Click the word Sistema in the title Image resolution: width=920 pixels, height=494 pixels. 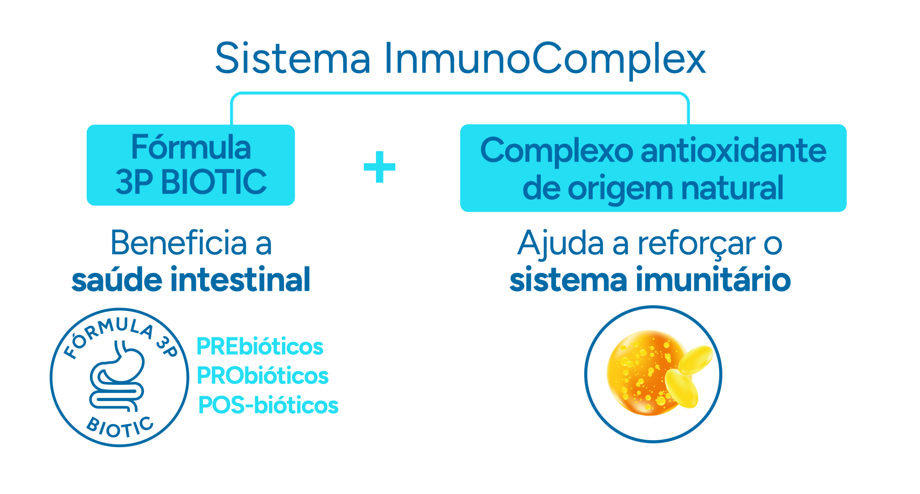293,58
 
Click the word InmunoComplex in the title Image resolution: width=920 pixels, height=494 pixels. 544,59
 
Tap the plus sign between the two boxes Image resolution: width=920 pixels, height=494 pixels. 379,167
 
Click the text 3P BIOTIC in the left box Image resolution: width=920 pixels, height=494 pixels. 191,182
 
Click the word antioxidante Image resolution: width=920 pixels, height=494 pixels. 733,151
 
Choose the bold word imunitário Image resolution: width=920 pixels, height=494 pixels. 713,280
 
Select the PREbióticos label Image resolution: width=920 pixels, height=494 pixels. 260,346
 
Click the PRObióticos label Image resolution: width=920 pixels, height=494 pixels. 262,376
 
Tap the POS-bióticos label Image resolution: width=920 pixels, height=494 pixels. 268,405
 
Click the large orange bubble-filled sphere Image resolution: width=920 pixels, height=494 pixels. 636,373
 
